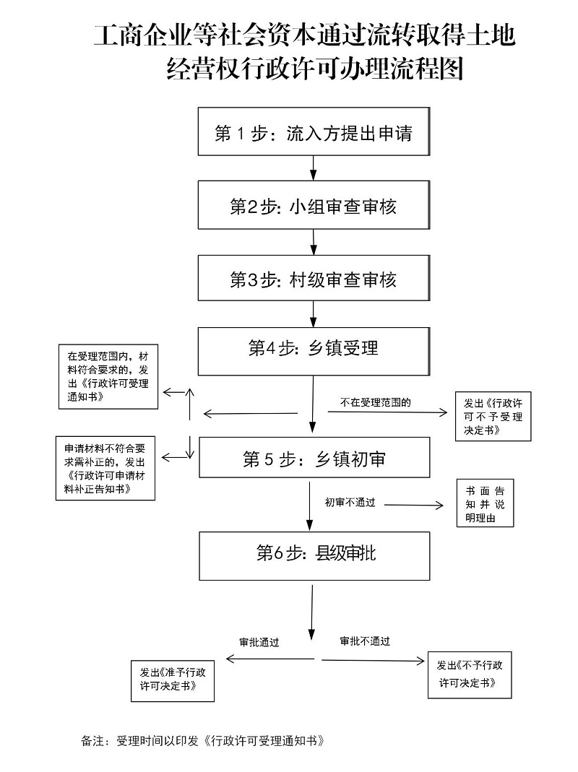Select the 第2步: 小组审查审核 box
click(x=314, y=206)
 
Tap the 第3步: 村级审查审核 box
click(x=314, y=279)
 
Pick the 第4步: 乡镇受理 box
click(x=314, y=351)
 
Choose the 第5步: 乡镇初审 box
click(x=314, y=458)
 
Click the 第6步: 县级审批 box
click(x=314, y=555)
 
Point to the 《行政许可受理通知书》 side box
click(x=108, y=377)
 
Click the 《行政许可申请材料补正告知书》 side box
click(x=105, y=467)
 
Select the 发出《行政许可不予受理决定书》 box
click(x=493, y=416)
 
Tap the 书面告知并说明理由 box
click(x=485, y=503)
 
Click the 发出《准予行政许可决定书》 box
click(x=173, y=680)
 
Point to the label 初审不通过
click(x=350, y=502)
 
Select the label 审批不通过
click(x=365, y=641)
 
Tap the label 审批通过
click(x=259, y=641)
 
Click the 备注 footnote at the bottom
click(x=203, y=741)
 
